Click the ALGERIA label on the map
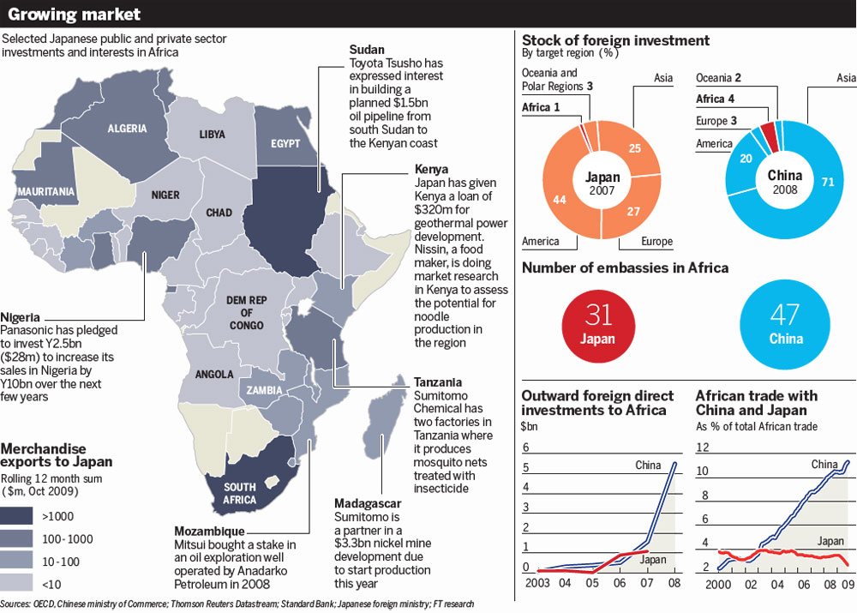tap(127, 129)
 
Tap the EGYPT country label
tap(285, 144)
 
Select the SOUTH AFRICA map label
tap(239, 493)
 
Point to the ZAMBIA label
tap(264, 390)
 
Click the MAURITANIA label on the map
tap(46, 192)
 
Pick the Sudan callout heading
tap(367, 49)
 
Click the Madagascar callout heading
tap(368, 503)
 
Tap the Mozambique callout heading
tap(209, 531)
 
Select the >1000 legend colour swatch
tap(16, 515)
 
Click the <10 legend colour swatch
tap(16, 583)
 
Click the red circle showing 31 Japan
tap(598, 326)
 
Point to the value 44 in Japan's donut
tap(559, 200)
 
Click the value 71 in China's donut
tap(828, 182)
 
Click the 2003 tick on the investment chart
tap(537, 583)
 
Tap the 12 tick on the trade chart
tap(703, 448)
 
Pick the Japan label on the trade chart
tap(830, 541)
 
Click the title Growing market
tap(75, 14)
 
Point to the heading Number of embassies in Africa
tap(626, 268)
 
